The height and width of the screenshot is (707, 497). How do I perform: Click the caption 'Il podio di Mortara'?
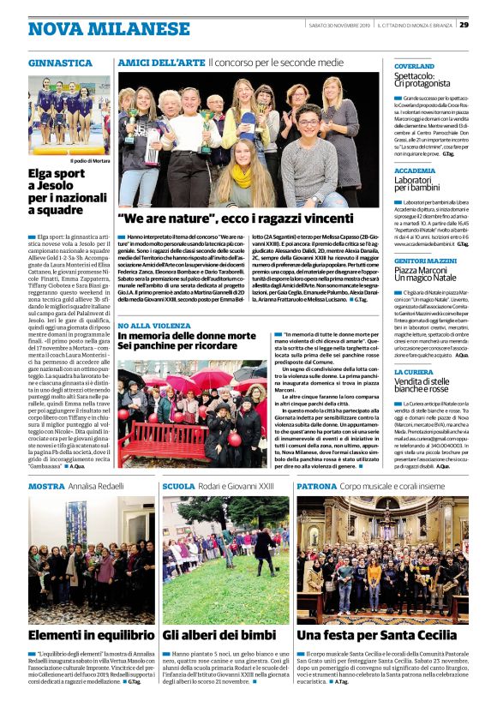click(90, 160)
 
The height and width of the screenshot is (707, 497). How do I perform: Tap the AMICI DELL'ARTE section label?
click(161, 63)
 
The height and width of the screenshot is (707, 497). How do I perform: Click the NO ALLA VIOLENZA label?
click(153, 327)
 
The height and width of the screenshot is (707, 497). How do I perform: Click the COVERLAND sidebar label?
click(415, 65)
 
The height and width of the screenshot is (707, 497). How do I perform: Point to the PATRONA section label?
click(316, 486)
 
